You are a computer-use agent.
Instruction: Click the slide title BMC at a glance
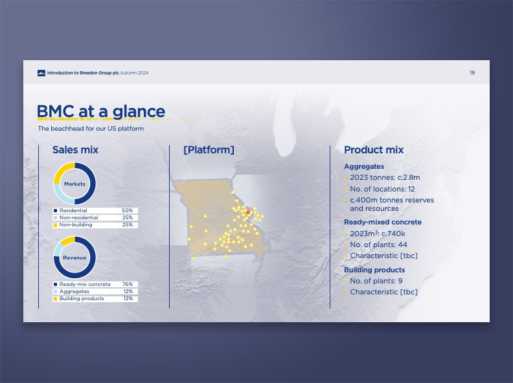pos(101,111)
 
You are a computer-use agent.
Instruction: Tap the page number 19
pos(472,72)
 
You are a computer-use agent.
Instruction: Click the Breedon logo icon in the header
pos(41,73)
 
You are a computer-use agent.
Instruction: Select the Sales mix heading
pos(75,149)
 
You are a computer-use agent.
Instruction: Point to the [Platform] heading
pos(209,149)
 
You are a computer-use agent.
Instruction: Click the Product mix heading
pos(374,149)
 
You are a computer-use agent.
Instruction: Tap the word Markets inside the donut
pos(74,184)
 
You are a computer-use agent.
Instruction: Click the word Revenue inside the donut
pos(74,258)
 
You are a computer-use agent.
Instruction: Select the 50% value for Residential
pos(127,210)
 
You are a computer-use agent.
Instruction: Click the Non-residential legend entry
pos(78,217)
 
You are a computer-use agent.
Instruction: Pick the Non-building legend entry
pos(76,225)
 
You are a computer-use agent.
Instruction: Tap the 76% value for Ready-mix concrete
pos(127,284)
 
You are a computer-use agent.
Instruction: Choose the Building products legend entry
pos(82,299)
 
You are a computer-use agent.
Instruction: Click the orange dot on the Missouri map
pos(248,212)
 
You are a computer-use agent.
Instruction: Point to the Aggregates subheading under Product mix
pos(364,166)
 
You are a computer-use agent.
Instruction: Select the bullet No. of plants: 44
pos(378,245)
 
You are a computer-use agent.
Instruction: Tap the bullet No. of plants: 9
pos(376,281)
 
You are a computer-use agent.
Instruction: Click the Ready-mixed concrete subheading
pos(382,222)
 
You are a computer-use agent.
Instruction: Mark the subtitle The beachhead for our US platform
pos(91,129)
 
